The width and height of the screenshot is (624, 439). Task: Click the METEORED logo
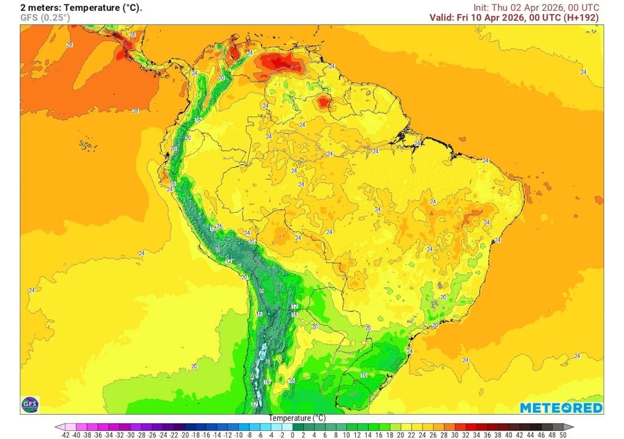(561, 408)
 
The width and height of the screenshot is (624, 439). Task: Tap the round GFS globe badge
(30, 404)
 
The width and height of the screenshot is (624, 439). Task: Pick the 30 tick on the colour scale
(456, 435)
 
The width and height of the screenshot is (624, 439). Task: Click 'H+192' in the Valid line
(580, 18)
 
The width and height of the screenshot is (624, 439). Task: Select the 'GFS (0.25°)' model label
(45, 18)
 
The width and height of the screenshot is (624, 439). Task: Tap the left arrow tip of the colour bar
(57, 427)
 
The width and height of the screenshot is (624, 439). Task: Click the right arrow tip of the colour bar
(571, 427)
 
